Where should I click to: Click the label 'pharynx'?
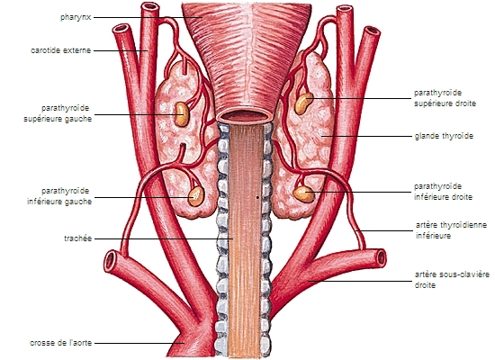click(76, 17)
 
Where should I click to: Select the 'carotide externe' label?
click(61, 50)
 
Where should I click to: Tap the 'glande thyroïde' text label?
click(444, 136)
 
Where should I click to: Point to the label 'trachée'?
click(78, 238)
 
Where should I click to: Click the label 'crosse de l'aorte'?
click(60, 343)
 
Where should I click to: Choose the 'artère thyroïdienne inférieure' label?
click(451, 230)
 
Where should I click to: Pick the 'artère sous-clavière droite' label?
click(452, 280)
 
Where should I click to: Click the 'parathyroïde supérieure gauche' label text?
click(58, 113)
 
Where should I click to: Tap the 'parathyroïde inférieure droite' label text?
click(443, 192)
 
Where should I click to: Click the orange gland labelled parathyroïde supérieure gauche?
click(181, 114)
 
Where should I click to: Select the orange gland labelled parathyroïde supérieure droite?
click(303, 103)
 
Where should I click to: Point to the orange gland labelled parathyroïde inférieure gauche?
click(196, 196)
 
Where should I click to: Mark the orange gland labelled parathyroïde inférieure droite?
click(303, 193)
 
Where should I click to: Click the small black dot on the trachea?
click(257, 198)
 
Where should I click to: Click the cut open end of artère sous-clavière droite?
click(381, 258)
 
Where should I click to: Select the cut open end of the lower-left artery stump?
click(111, 262)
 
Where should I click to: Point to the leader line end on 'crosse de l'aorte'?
click(184, 343)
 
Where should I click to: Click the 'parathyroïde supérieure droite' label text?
click(445, 98)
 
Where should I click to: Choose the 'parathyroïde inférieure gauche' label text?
click(59, 196)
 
